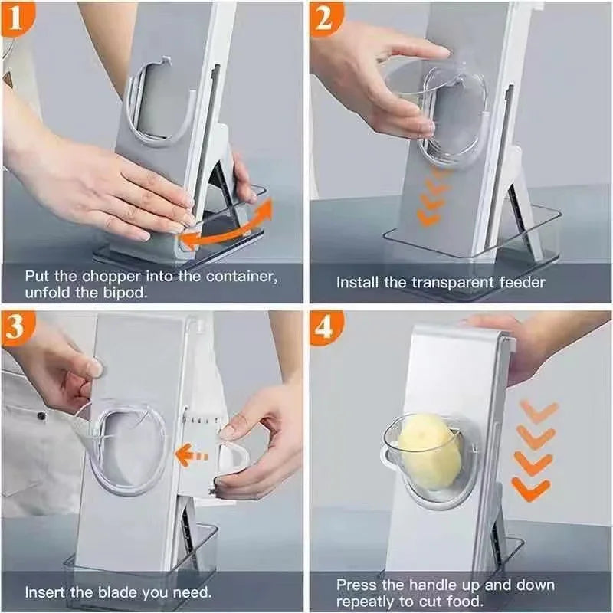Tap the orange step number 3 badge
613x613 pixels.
[17, 327]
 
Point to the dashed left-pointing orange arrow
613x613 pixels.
[191, 456]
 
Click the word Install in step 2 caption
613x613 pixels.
[358, 282]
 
